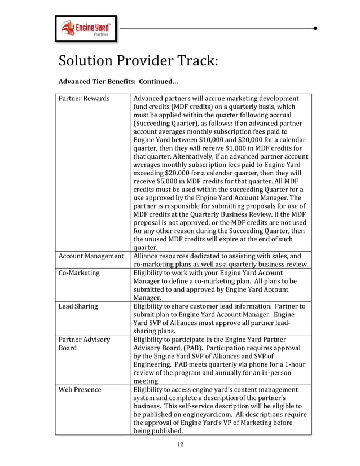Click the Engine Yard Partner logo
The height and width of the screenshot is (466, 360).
pos(86,28)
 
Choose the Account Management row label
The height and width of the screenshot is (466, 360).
pos(91,256)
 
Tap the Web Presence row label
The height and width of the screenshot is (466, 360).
pos(80,389)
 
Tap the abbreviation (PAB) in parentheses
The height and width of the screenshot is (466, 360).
pos(197,348)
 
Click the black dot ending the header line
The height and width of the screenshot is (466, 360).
pos(315,27)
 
